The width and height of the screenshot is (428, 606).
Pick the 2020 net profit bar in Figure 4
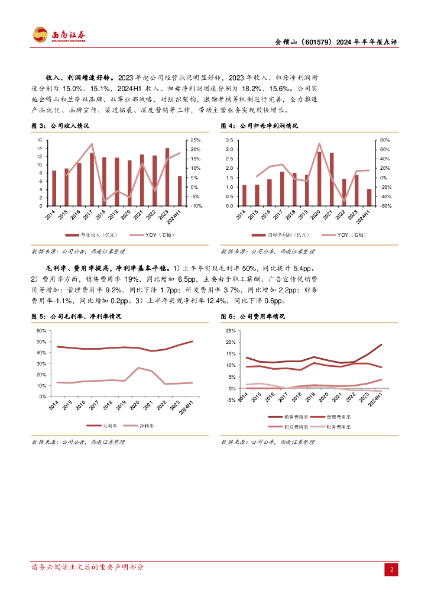pyautogui.click(x=319, y=179)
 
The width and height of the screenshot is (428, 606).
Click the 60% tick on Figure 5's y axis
pyautogui.click(x=41, y=331)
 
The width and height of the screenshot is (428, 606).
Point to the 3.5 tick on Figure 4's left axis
pyautogui.click(x=230, y=140)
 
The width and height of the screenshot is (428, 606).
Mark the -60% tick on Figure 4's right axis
pyautogui.click(x=383, y=206)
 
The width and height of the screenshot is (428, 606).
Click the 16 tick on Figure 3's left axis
pyautogui.click(x=39, y=140)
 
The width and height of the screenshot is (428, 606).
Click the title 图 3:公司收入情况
pyautogui.click(x=60, y=126)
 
